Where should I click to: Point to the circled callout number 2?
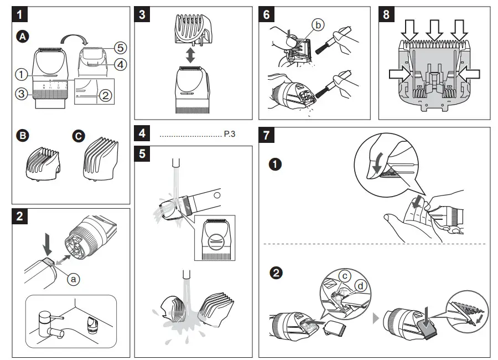(106, 95)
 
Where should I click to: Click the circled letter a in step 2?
(72, 279)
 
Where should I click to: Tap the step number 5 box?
(143, 153)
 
